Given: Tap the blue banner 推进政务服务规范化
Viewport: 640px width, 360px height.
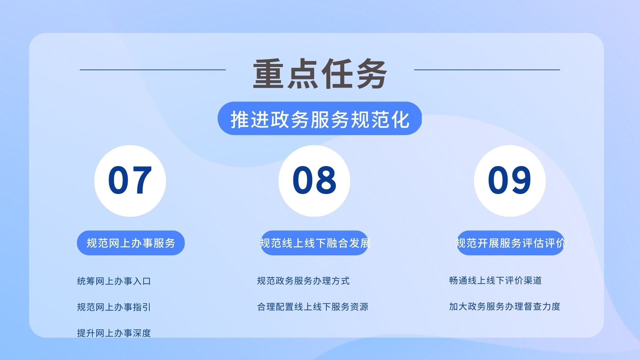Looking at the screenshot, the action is pos(320,118).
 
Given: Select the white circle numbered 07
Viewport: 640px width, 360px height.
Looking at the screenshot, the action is pos(130,181).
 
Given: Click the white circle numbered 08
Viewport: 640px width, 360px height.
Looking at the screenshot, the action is pos(314,181).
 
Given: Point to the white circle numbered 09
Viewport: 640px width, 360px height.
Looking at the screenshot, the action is pos(510,181).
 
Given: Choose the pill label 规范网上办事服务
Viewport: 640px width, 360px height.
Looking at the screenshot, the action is pos(131,243).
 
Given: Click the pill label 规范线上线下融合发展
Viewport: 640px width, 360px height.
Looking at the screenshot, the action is pos(314,243).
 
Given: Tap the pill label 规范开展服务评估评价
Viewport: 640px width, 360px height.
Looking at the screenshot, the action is pos(510,243).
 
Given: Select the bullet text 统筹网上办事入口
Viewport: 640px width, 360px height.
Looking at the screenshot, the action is pos(114,281).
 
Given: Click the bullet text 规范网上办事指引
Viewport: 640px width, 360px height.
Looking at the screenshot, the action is pos(114,307).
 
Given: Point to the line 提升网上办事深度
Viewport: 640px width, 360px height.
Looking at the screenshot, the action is pos(114,333).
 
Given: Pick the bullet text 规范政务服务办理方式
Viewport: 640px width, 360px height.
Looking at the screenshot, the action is pos(303,281).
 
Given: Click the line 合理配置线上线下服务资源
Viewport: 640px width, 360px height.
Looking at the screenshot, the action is pos(313,307).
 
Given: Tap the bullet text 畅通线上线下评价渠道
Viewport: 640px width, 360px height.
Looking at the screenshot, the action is pos(495,280).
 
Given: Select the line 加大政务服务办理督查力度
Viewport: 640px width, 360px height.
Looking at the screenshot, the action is pos(505,306).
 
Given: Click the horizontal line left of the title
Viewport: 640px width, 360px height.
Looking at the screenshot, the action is pos(153,70).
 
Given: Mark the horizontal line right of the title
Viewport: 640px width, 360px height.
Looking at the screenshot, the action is pos(487,70).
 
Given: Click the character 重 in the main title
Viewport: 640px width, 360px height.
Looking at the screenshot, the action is pos(268,74).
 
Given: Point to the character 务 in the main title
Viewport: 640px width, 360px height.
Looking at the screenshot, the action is pos(371,74).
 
